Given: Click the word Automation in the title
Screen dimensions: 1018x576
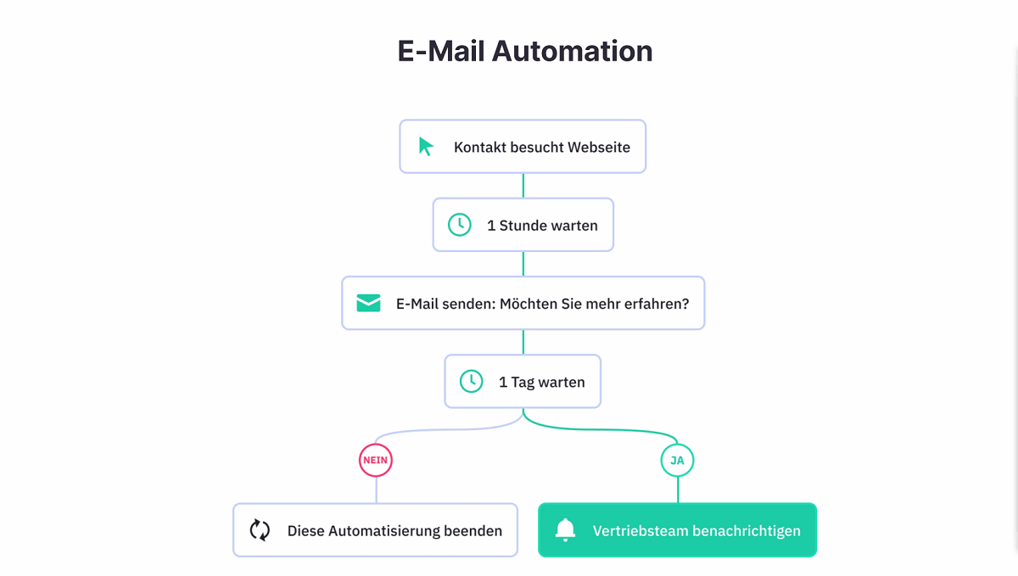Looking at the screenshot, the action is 572,51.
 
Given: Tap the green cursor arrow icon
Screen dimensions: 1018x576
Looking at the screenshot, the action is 426,147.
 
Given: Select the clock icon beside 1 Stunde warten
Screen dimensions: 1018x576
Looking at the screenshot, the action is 460,225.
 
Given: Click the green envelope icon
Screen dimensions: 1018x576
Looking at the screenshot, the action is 368,303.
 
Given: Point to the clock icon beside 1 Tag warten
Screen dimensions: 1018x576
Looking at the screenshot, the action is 472,381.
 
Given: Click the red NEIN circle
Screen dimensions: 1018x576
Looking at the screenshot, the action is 375,460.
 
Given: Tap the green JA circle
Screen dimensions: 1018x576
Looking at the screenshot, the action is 677,460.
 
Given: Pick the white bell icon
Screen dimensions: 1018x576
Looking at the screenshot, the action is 565,529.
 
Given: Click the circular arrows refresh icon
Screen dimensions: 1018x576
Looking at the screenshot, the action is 260,530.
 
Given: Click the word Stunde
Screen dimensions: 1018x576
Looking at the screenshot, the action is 523,226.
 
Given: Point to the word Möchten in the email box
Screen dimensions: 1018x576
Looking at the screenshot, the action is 529,304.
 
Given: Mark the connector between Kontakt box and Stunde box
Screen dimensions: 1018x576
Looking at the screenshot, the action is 523,186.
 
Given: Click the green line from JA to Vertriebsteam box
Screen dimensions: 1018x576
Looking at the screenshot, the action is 678,489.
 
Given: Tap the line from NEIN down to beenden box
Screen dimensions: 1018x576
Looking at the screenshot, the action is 377,489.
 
